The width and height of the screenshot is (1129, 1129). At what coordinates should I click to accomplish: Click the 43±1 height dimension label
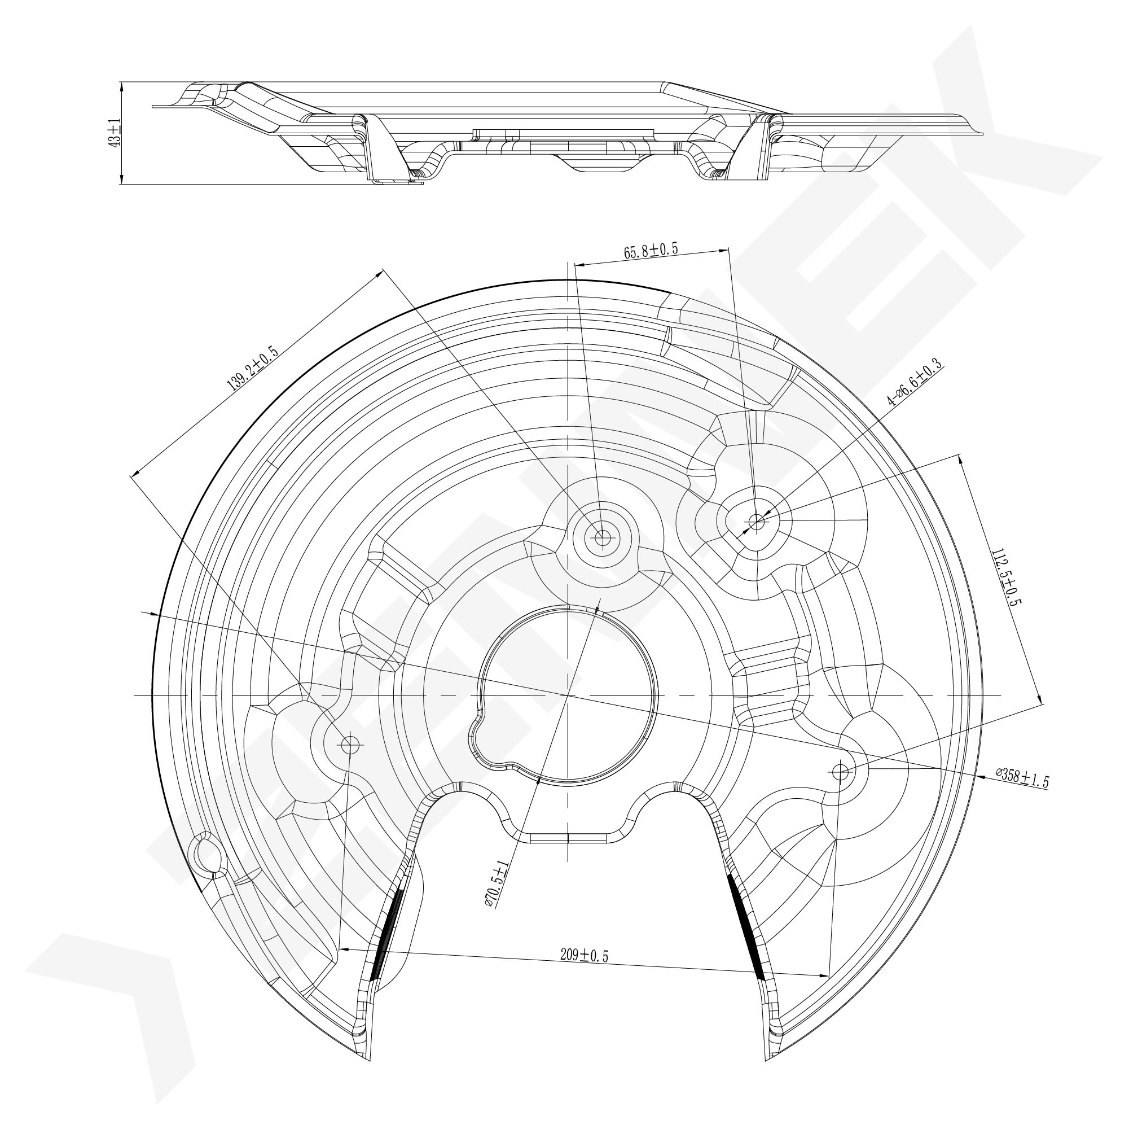coord(115,133)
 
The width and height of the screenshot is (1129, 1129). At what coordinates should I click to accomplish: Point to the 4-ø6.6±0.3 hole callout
coord(915,382)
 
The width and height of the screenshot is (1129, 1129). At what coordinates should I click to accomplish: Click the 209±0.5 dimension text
coord(585,956)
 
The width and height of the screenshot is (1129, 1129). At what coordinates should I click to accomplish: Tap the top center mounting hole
coord(601,536)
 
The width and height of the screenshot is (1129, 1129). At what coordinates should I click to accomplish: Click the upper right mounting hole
coord(757,521)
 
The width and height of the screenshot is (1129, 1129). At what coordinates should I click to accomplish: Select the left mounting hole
coord(350,744)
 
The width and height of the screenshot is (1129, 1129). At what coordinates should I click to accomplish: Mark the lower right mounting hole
coord(841,772)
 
